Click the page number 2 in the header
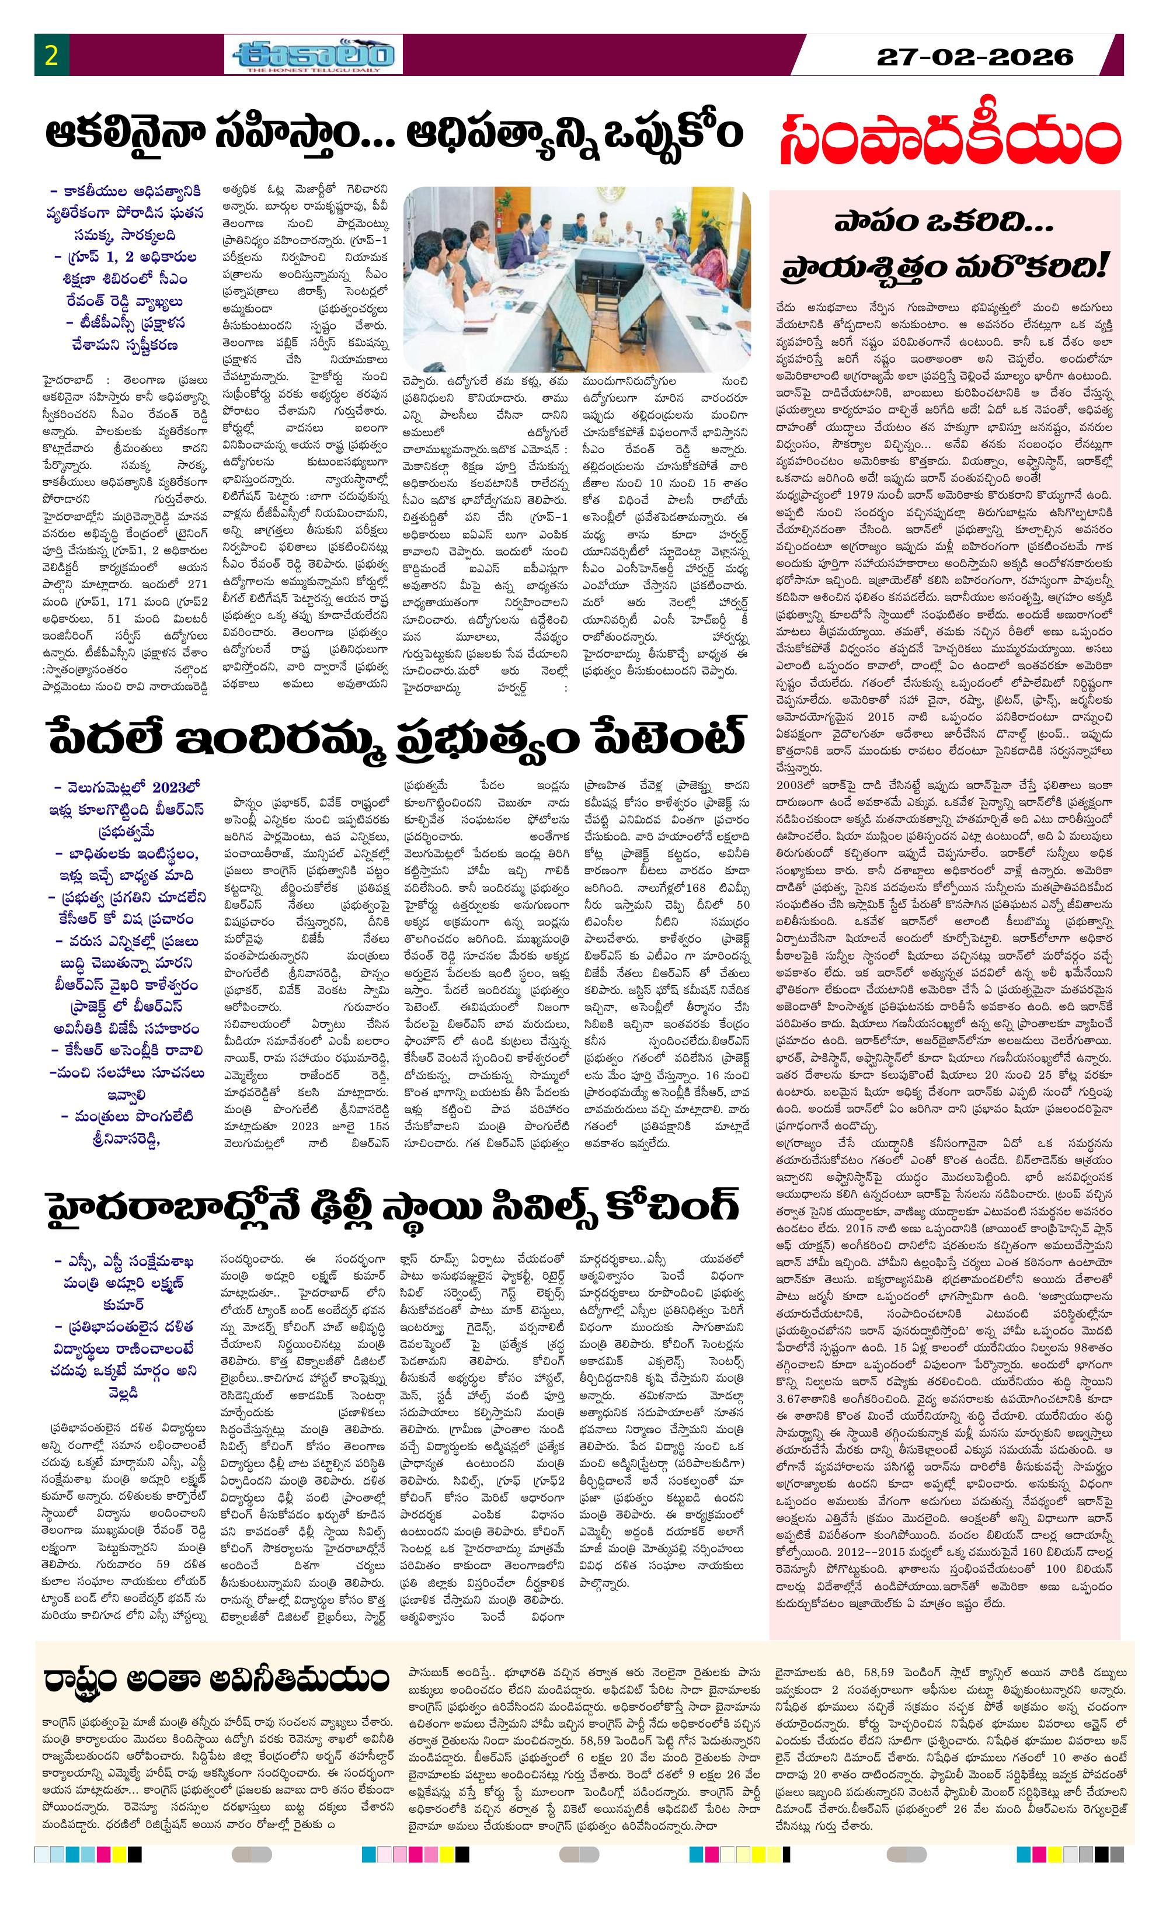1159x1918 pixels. [52, 56]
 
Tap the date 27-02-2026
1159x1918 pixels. [975, 56]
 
